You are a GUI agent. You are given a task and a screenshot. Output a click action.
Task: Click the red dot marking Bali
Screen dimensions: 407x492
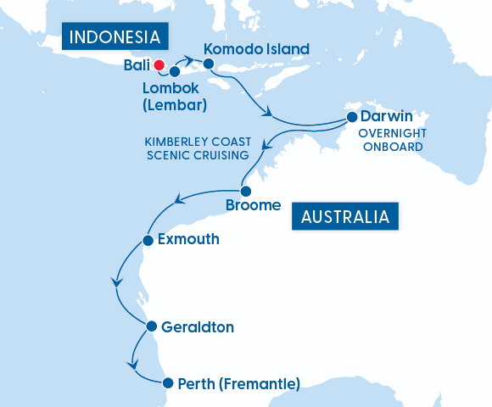pos(158,64)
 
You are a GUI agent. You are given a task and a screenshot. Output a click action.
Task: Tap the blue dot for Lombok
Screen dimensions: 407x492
pos(175,72)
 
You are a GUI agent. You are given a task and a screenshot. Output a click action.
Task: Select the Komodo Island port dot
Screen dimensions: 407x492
pos(208,64)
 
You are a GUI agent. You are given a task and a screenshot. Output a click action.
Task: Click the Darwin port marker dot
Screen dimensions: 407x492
pos(351,117)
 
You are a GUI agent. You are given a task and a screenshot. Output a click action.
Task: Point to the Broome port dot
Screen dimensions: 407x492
pos(246,191)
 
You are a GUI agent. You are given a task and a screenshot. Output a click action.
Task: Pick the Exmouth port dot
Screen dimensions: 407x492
pos(148,240)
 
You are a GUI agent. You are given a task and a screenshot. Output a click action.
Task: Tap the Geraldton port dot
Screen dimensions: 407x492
pos(151,326)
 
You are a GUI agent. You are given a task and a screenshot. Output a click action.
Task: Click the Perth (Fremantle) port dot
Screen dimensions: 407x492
pos(168,383)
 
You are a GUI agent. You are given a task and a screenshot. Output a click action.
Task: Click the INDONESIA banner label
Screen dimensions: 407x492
pos(114,37)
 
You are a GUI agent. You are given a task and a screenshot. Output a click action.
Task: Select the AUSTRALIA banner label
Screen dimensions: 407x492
pos(345,216)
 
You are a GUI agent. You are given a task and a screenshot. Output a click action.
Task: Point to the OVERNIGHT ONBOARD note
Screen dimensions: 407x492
pos(391,141)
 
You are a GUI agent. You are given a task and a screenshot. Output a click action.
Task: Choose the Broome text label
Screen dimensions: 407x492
pos(253,206)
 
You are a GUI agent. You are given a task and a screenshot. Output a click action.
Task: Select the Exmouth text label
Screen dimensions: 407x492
pos(188,240)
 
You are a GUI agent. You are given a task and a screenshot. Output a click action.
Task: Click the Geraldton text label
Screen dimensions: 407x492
pos(197,326)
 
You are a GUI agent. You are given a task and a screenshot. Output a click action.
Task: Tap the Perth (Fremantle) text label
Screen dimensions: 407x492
pos(239,384)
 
